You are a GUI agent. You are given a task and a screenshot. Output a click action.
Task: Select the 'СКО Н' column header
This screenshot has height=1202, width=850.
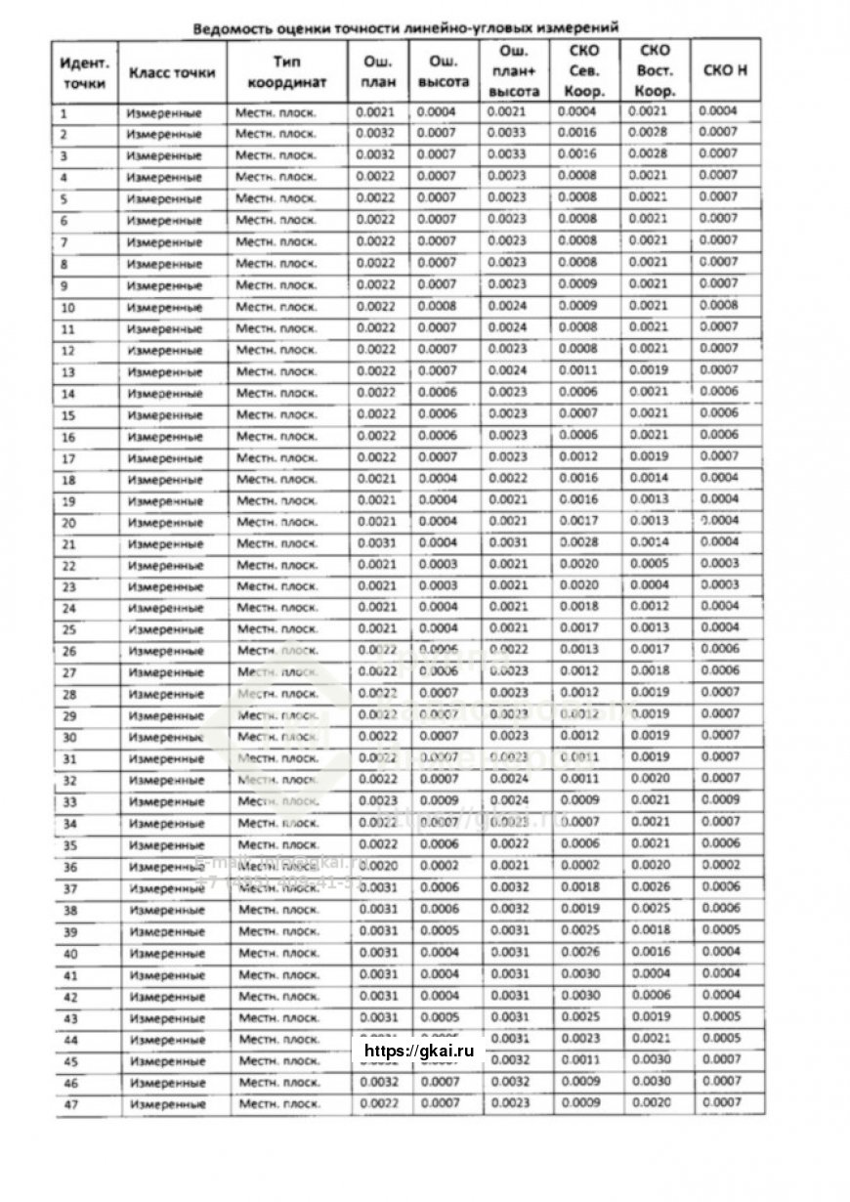pos(725,71)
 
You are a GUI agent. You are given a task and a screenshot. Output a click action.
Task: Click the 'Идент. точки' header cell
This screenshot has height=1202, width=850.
pos(85,72)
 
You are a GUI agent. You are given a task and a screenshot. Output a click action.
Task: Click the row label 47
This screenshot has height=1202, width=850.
pos(70,1104)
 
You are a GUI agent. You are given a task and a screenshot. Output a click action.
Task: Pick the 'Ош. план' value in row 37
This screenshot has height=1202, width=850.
pos(377,887)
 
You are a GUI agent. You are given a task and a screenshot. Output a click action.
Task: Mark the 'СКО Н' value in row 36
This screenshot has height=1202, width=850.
pos(720,866)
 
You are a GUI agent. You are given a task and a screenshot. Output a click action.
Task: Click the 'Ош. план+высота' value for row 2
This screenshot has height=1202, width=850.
pos(506,134)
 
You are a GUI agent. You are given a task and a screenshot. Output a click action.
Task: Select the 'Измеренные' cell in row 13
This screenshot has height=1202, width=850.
pos(163,372)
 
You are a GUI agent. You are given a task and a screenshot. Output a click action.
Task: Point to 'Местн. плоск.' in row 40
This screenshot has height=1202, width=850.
pos(279,953)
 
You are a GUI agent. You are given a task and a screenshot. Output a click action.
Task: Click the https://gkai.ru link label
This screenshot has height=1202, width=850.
pos(418,1052)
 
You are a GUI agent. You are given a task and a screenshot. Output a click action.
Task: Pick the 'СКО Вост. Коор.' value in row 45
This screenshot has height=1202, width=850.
pos(651,1059)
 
